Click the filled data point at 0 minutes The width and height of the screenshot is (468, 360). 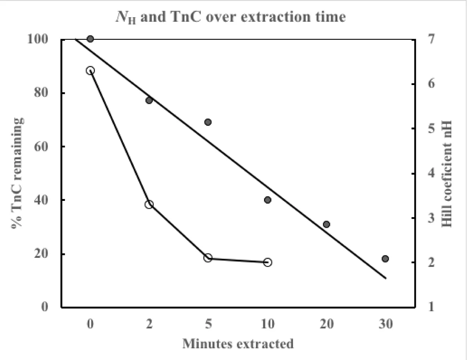pos(90,39)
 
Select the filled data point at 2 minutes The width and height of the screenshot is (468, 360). pos(149,100)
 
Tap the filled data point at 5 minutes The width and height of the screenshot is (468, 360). pos(208,122)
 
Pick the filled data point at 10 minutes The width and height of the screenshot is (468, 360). pos(268,200)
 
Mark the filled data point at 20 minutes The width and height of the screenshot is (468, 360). pos(326,224)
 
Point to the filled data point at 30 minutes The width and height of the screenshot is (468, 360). pos(385,259)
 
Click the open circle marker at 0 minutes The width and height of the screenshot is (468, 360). pos(90,71)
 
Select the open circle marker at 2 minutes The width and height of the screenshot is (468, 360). pos(149,204)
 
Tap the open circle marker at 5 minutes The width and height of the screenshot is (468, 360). pos(208,258)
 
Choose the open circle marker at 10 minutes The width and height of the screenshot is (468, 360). pos(268,262)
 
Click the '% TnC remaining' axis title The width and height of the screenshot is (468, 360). pos(18,173)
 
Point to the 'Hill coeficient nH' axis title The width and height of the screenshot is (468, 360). pos(447,173)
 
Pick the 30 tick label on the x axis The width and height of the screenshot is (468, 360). pos(385,324)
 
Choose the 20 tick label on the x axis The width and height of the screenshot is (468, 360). pos(326,324)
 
